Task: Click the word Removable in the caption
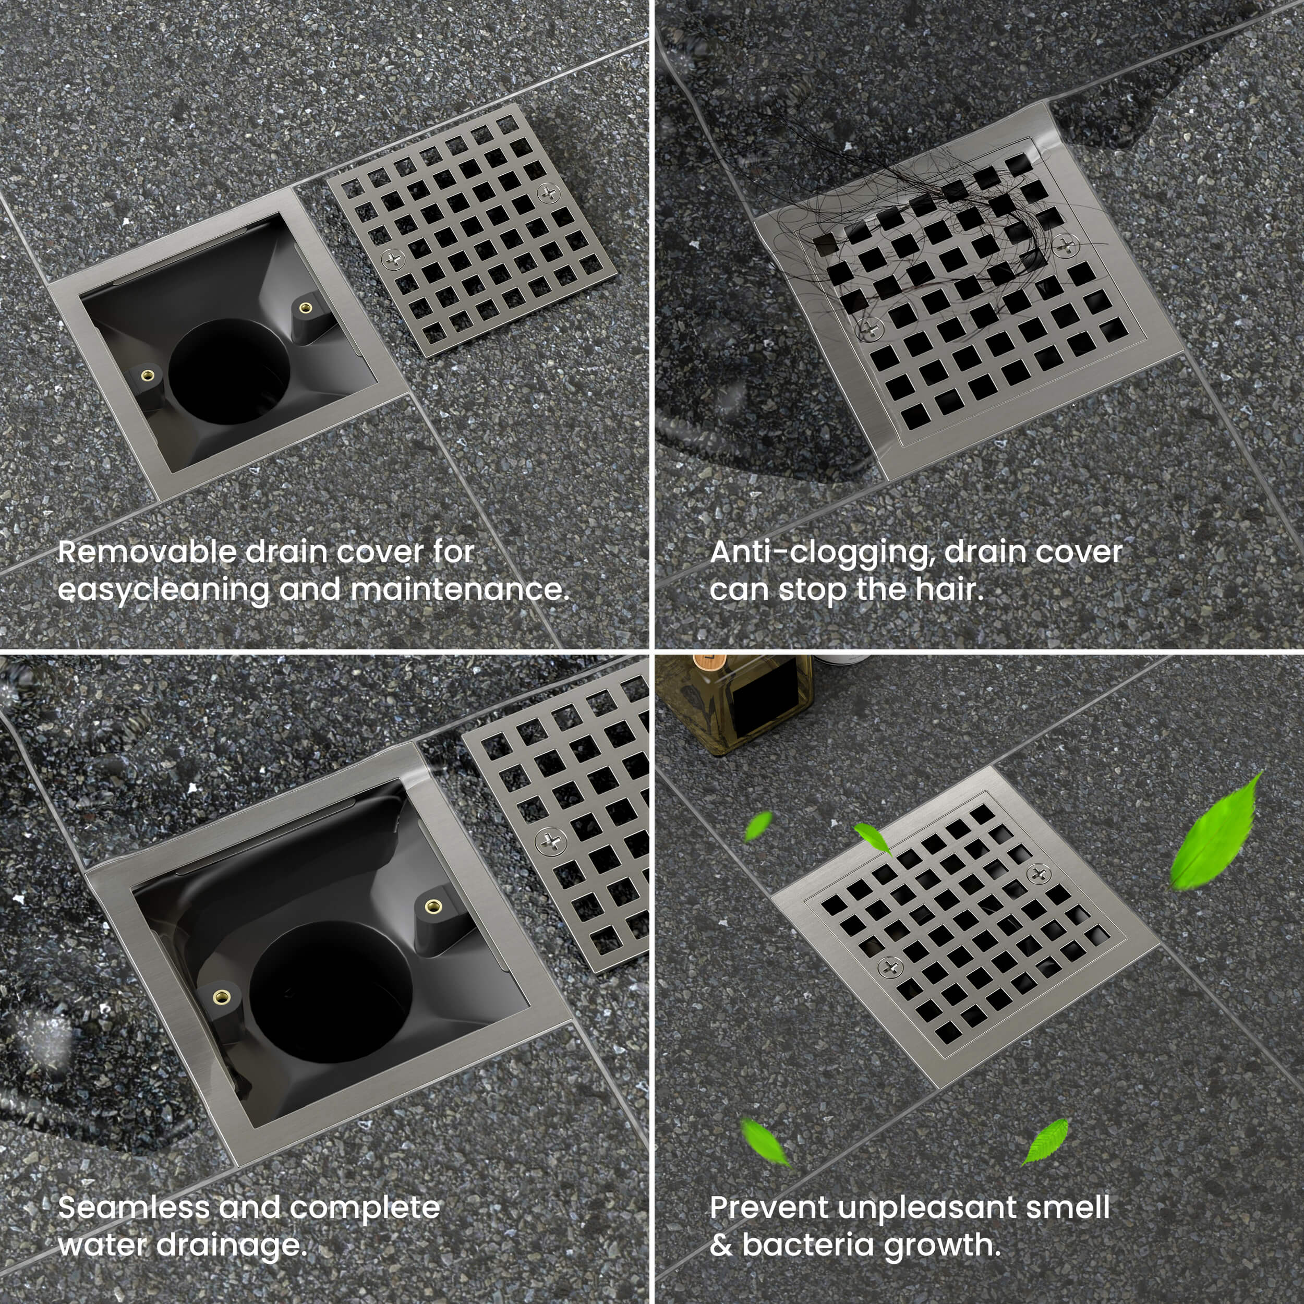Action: (147, 552)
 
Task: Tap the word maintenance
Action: (460, 590)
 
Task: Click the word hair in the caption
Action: (949, 590)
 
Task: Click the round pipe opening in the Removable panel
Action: (229, 372)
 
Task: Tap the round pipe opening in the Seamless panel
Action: (331, 983)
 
